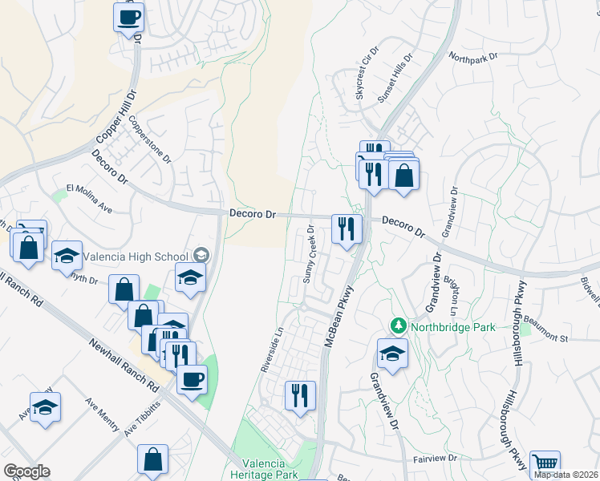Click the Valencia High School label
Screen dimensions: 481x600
click(134, 257)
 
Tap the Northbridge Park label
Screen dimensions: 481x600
click(446, 326)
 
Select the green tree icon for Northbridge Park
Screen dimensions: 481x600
click(398, 325)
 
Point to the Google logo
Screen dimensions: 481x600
click(26, 471)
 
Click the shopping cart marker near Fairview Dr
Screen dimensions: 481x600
click(545, 464)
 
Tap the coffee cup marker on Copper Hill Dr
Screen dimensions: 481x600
click(128, 17)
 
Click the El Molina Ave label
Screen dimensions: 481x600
click(89, 198)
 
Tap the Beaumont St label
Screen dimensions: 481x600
click(545, 339)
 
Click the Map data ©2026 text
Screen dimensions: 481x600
click(566, 475)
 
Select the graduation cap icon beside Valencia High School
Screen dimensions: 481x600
click(201, 256)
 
